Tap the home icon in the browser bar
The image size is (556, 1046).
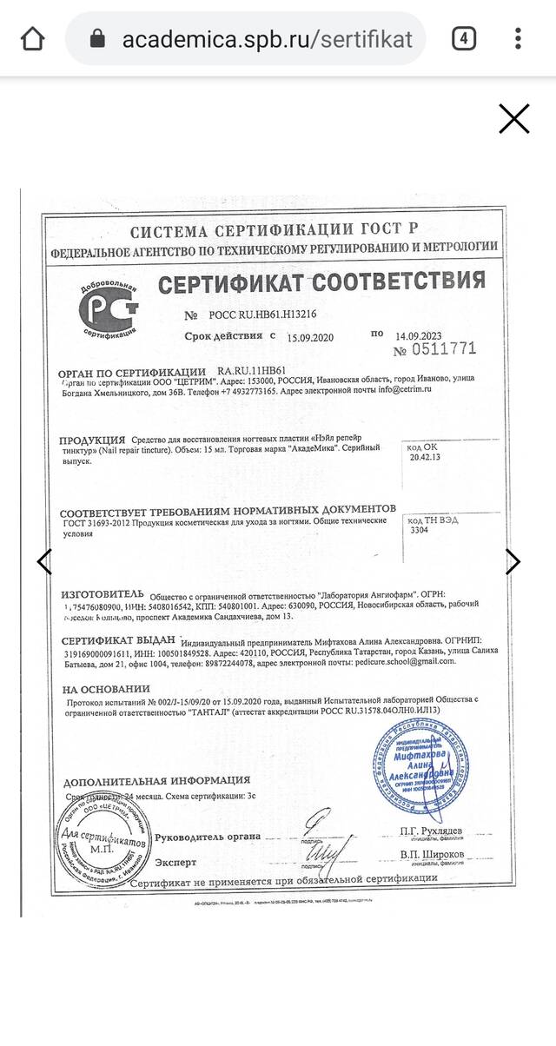[x=32, y=39]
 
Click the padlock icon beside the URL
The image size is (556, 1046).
[x=97, y=40]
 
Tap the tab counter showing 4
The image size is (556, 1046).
[x=464, y=39]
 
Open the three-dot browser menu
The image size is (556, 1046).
[x=519, y=39]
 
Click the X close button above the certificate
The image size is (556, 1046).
[x=513, y=118]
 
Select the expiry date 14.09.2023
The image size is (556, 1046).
[x=419, y=335]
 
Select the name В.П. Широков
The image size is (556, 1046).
[x=431, y=856]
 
